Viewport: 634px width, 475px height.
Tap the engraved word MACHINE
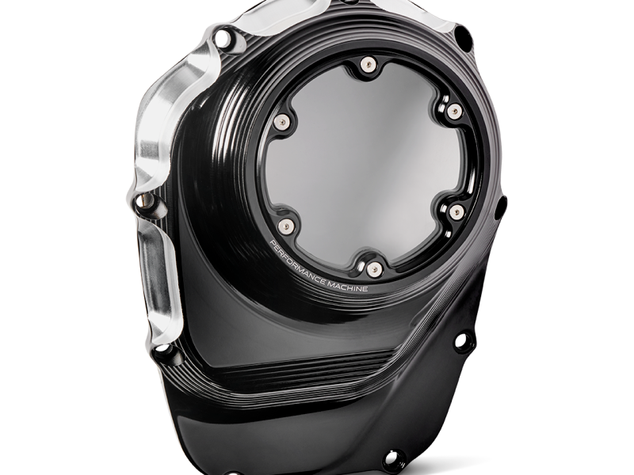point(347,287)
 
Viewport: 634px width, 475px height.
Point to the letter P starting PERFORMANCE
point(272,243)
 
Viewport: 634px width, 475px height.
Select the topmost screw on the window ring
point(367,64)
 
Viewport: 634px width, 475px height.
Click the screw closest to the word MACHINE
point(375,268)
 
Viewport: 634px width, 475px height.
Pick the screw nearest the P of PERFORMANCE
point(285,226)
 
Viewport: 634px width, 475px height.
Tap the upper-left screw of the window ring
point(281,120)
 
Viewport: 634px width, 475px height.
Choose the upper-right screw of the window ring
point(455,110)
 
